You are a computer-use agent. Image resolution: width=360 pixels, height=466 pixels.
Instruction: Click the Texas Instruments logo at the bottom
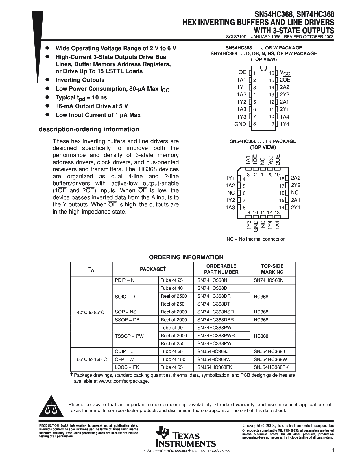(185, 436)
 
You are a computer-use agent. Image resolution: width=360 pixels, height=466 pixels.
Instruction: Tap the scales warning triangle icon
(51, 408)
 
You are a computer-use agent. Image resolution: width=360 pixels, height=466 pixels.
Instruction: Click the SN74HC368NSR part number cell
(215, 312)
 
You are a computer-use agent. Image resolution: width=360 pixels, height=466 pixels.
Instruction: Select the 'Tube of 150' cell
(173, 360)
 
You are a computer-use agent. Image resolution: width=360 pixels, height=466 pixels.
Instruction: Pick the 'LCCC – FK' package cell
(127, 367)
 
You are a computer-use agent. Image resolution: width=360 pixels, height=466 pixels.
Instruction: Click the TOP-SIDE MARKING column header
(272, 269)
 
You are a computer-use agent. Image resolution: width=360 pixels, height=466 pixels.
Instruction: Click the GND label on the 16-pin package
(240, 124)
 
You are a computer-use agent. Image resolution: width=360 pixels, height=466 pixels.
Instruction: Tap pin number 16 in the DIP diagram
(272, 73)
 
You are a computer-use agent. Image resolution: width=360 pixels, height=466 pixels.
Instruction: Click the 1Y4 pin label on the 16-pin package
(284, 124)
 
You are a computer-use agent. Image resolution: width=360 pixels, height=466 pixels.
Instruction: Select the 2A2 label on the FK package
(296, 178)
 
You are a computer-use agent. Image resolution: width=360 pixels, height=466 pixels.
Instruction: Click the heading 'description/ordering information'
(89, 129)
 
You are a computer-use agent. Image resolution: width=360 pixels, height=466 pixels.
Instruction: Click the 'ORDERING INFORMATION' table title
(186, 257)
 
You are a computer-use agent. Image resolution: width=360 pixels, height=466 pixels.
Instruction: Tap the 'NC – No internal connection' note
(256, 239)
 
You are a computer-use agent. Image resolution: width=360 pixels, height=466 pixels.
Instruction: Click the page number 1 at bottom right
(333, 451)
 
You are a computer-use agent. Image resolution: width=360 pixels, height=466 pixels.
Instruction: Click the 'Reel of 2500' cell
(174, 296)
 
